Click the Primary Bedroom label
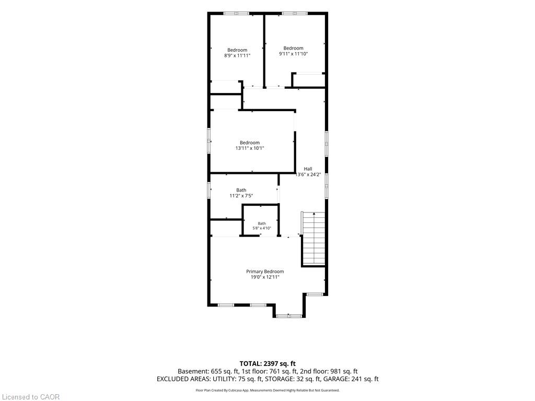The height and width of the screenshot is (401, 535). point(265,272)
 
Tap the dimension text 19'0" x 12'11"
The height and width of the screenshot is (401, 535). point(265,277)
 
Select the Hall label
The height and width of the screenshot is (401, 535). point(308,169)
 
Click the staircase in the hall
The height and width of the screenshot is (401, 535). point(313,238)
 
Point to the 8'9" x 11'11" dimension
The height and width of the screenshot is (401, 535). point(237,55)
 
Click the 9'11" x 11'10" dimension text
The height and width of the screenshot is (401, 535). point(294,54)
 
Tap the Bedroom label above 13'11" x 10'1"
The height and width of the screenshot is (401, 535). point(249,143)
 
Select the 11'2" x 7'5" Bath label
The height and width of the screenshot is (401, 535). point(241,196)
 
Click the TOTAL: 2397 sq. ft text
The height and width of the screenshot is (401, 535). point(267,363)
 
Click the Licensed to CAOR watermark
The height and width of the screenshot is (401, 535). point(31,397)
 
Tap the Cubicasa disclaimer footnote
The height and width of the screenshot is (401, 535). point(267,391)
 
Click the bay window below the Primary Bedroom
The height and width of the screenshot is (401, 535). point(288,316)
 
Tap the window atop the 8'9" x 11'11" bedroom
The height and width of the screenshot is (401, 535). point(237,13)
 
